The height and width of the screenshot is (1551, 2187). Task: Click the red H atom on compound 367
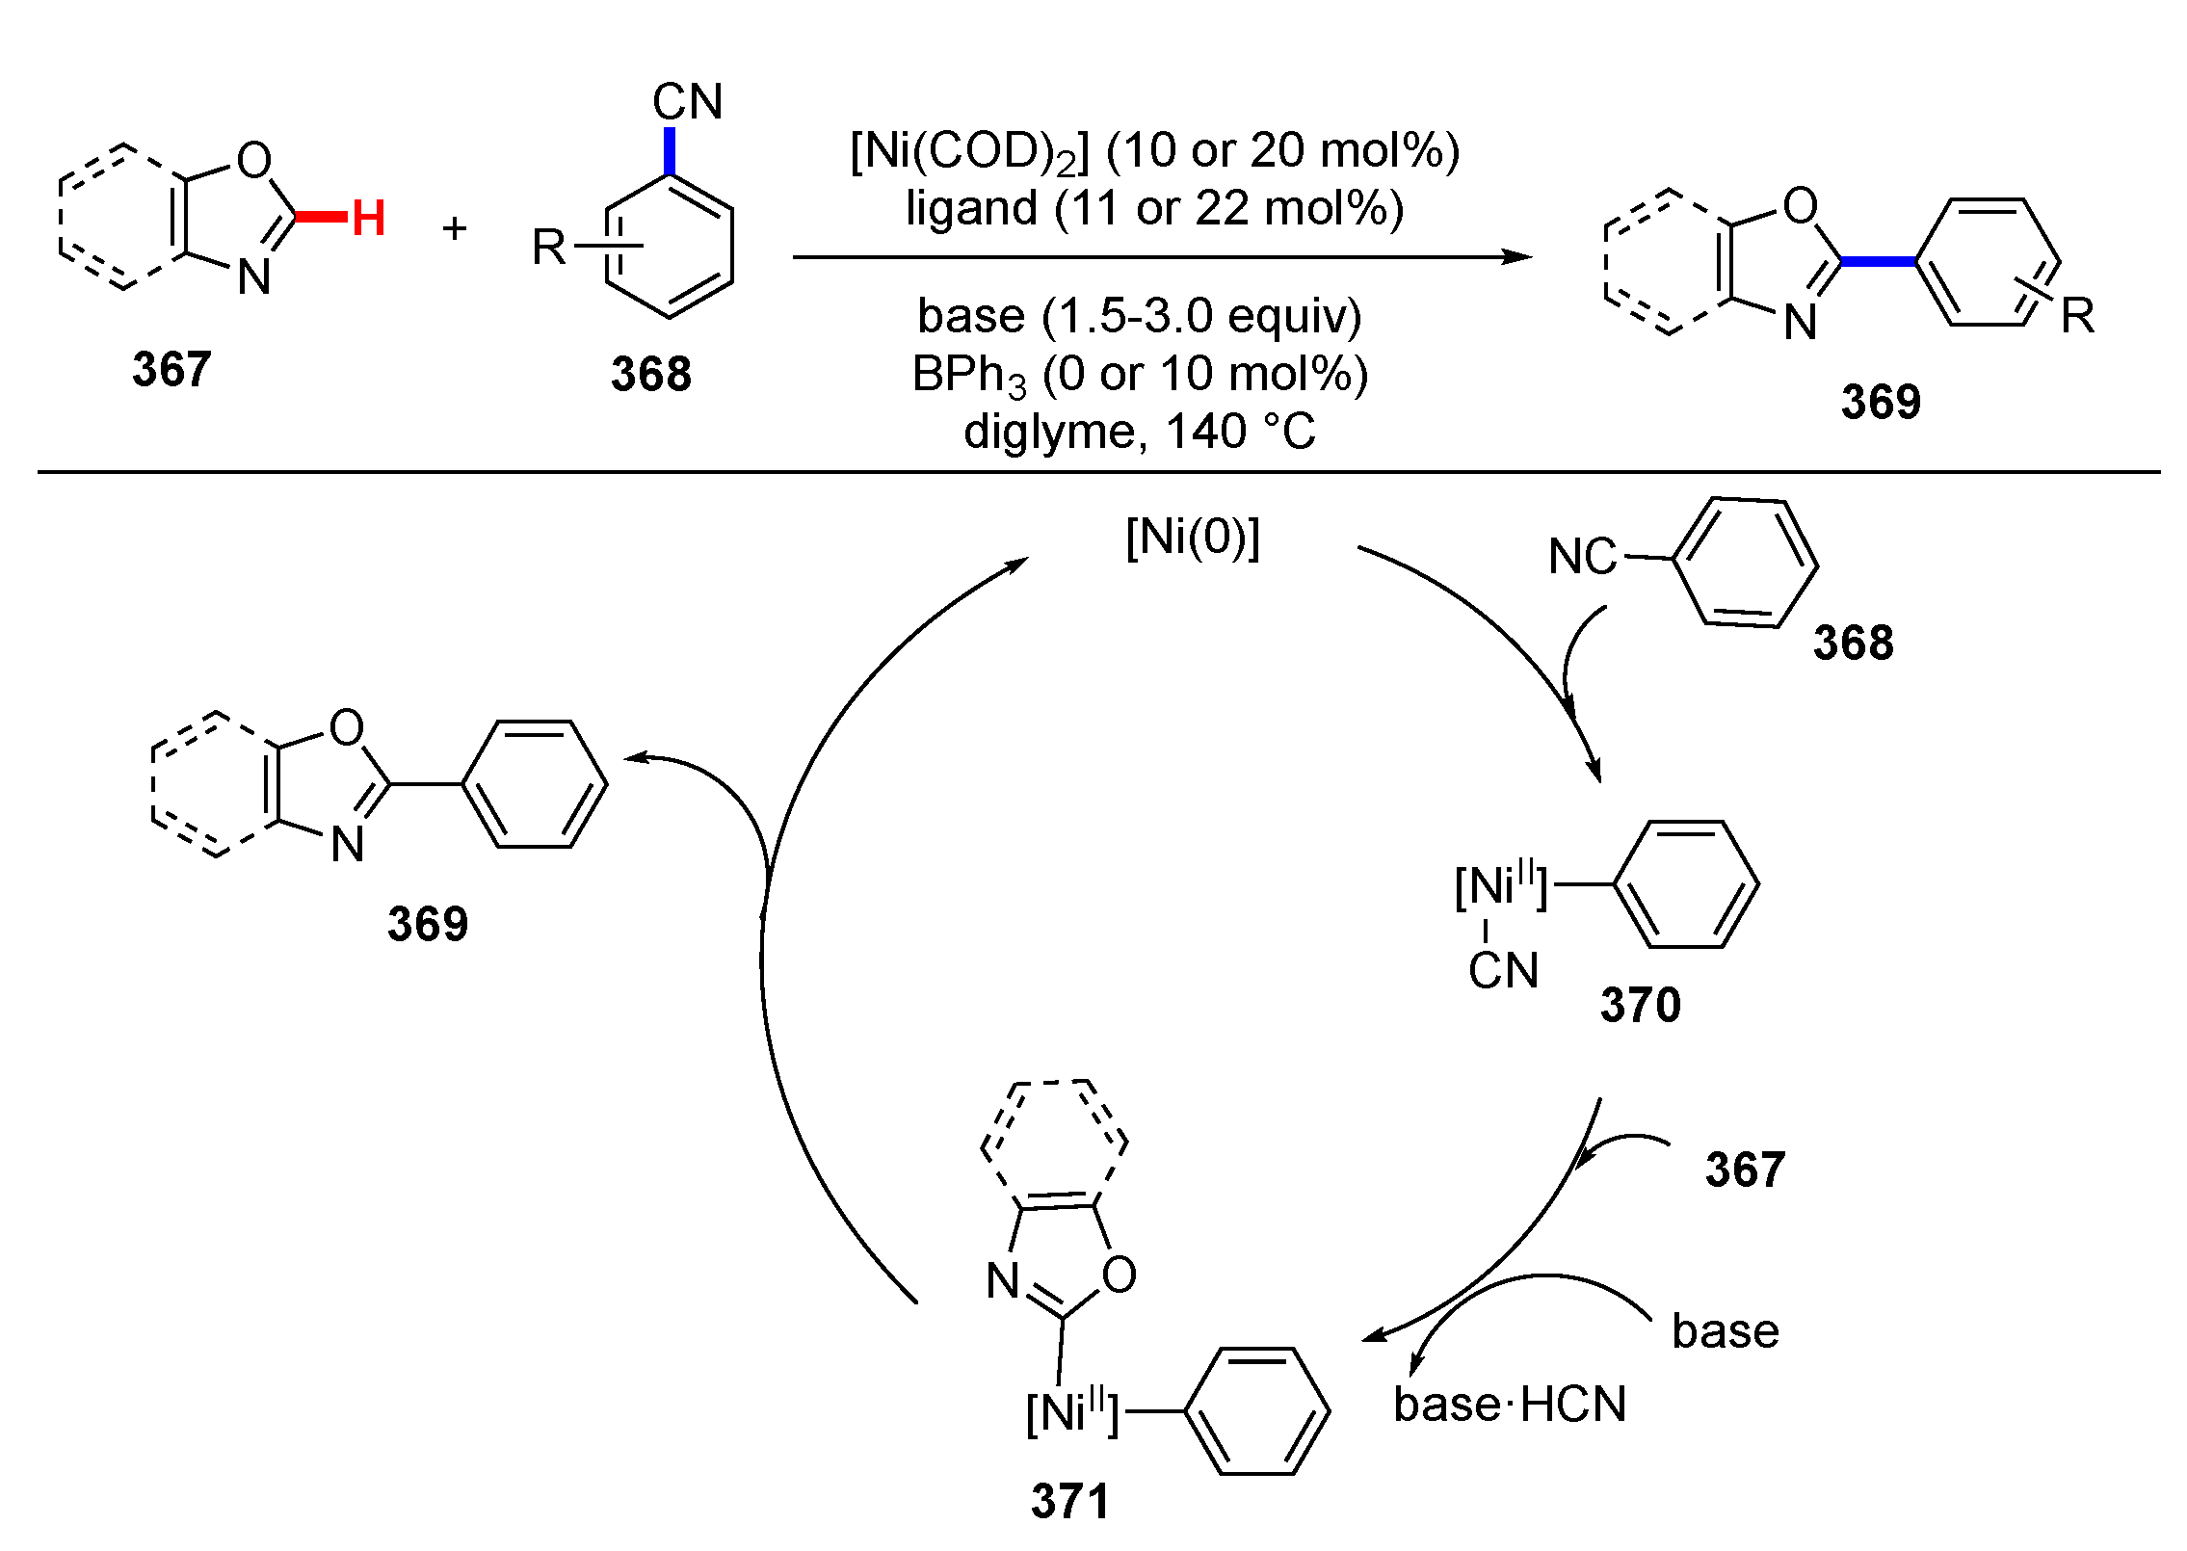point(368,218)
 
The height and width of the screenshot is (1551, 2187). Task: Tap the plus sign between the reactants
point(454,228)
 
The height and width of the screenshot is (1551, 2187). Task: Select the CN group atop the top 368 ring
point(687,101)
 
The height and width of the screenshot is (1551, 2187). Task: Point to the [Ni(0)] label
point(1192,537)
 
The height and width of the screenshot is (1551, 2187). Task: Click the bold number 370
point(1640,1005)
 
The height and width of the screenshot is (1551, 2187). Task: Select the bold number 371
point(1069,1501)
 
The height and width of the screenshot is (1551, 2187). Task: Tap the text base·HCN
point(1509,1404)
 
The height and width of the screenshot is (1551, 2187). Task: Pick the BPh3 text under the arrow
point(968,375)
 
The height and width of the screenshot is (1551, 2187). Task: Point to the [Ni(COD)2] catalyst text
point(968,151)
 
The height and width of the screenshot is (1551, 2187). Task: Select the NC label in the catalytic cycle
point(1581,557)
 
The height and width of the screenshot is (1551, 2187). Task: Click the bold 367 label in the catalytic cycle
point(1745,1170)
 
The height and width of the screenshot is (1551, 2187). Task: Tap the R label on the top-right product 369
point(2077,316)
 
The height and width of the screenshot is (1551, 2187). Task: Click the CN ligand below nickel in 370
point(1503,970)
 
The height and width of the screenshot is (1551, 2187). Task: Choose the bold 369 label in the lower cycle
point(427,924)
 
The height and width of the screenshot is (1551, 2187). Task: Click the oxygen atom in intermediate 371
point(1119,1275)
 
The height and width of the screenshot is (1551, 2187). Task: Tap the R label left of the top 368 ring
point(549,248)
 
